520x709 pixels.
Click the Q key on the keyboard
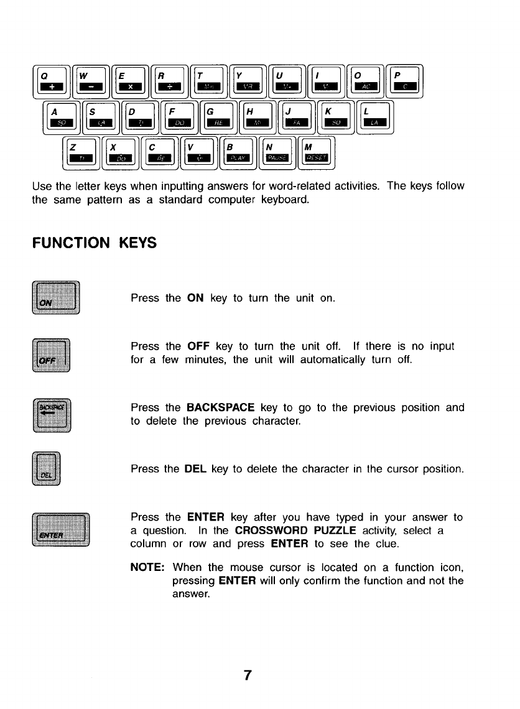(x=52, y=81)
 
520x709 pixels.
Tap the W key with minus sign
(x=91, y=81)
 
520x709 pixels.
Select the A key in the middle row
(x=62, y=116)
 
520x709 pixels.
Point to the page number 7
(x=248, y=675)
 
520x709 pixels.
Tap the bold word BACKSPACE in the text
(x=220, y=408)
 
